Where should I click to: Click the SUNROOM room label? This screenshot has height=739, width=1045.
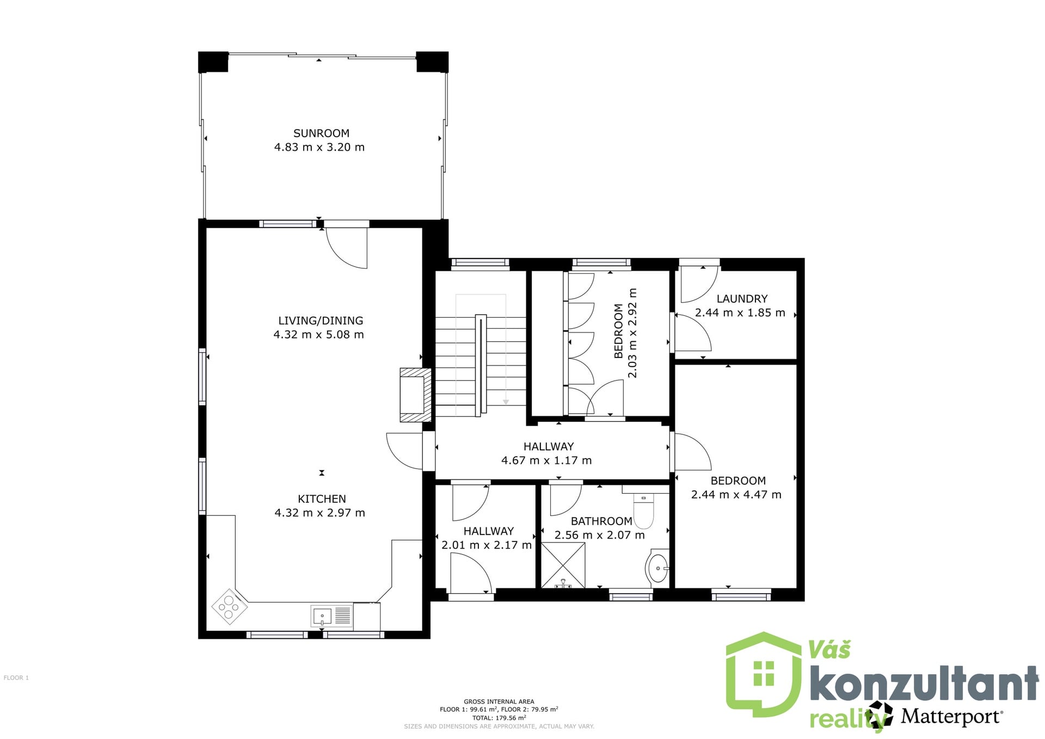pyautogui.click(x=321, y=133)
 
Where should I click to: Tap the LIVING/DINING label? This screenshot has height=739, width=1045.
pyautogui.click(x=321, y=321)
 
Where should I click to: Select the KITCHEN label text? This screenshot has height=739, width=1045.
pyautogui.click(x=322, y=499)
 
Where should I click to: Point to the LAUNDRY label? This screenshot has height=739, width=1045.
pyautogui.click(x=742, y=299)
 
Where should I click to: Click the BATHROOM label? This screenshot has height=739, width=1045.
pyautogui.click(x=601, y=521)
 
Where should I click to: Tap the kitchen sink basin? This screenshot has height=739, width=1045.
pyautogui.click(x=322, y=617)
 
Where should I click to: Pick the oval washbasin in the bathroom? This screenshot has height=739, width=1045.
pyautogui.click(x=657, y=568)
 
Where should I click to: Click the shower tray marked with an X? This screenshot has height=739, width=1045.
pyautogui.click(x=563, y=566)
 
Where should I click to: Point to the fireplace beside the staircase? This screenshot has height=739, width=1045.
pyautogui.click(x=416, y=395)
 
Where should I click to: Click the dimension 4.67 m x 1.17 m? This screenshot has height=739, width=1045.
pyautogui.click(x=546, y=460)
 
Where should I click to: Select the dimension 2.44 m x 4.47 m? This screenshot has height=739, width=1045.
pyautogui.click(x=736, y=495)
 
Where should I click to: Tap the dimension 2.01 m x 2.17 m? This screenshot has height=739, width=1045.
pyautogui.click(x=487, y=545)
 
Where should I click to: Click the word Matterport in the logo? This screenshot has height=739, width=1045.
pyautogui.click(x=951, y=716)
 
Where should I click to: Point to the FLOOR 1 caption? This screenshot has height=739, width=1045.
pyautogui.click(x=16, y=678)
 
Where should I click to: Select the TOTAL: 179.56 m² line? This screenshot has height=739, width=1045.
pyautogui.click(x=499, y=718)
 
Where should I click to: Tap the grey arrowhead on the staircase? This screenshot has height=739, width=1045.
pyautogui.click(x=506, y=402)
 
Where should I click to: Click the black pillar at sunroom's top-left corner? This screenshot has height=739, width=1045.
pyautogui.click(x=213, y=61)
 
